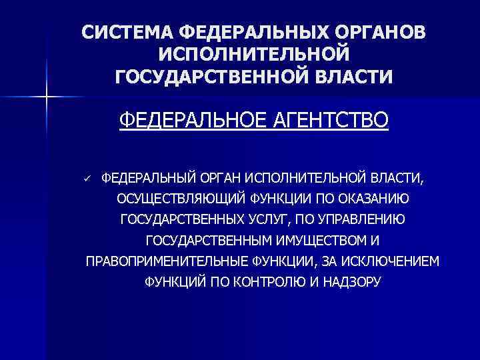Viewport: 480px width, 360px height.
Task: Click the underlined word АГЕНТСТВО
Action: click(x=323, y=121)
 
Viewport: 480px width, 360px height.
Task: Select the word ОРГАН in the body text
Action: click(x=220, y=178)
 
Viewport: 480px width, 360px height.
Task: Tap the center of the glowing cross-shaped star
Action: click(x=47, y=98)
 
